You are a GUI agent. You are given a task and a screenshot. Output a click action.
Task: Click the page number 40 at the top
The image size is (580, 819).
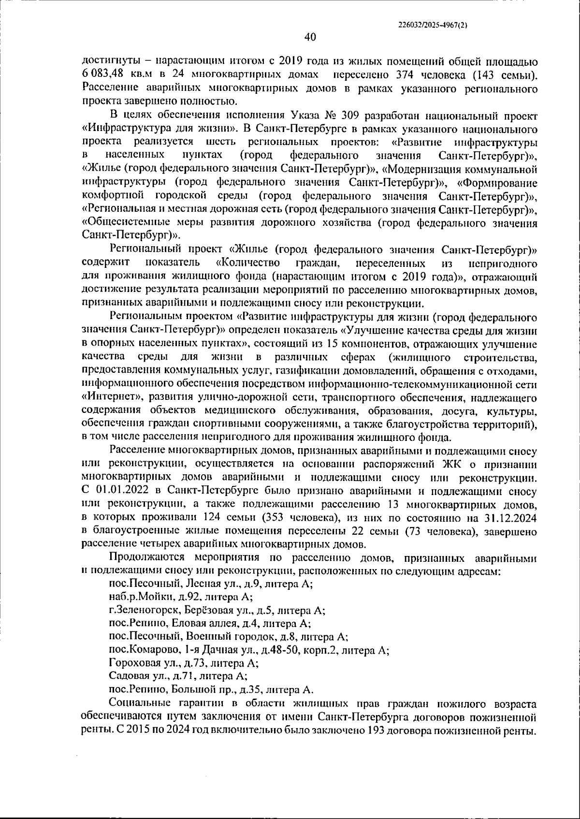tap(310, 37)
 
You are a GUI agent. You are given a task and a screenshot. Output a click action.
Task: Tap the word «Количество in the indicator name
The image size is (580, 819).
tap(248, 263)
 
